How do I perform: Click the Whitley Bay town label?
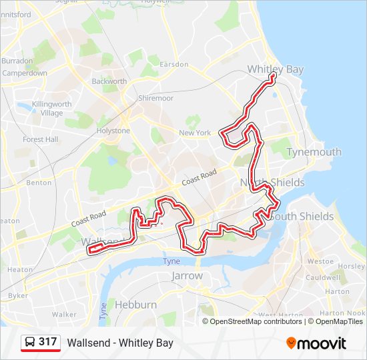(275, 69)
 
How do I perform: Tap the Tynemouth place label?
(314, 152)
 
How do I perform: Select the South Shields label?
(302, 217)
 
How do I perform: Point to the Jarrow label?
(187, 275)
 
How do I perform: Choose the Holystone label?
(113, 131)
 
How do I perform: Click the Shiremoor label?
(155, 98)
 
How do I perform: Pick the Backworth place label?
(109, 81)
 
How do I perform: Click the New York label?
(195, 133)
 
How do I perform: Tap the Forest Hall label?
(41, 139)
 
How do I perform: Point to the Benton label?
(39, 182)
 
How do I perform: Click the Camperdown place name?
(25, 73)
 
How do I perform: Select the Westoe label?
(320, 261)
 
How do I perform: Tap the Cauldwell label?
(323, 277)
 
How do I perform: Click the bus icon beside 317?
(30, 343)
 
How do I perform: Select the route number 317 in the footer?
(47, 342)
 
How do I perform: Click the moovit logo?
(316, 343)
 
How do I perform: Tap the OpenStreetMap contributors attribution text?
(256, 321)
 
